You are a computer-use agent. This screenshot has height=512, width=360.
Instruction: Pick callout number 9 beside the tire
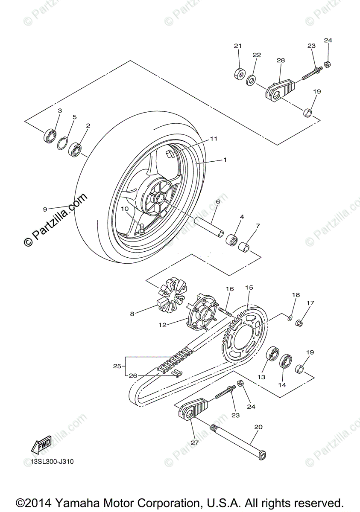tap(45, 209)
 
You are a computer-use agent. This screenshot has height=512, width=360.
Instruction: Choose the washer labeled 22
tap(252, 79)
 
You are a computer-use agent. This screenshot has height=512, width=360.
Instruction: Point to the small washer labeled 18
tap(290, 317)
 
